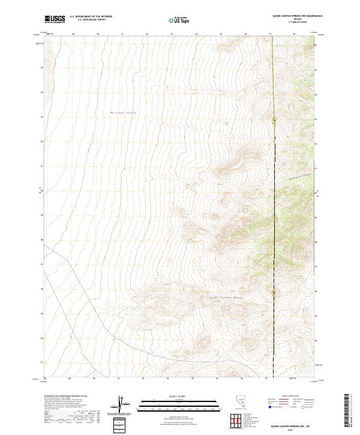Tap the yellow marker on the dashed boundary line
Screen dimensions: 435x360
tap(275, 122)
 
